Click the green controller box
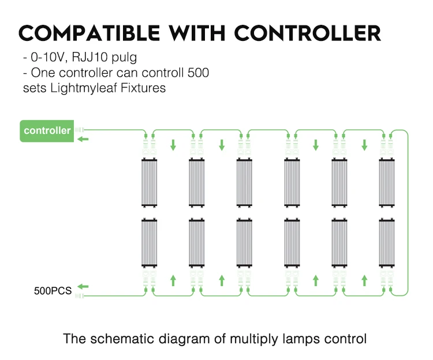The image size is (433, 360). [47, 131]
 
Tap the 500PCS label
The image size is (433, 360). [53, 291]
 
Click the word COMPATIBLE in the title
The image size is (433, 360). [89, 33]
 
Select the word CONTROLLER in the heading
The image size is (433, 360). [308, 33]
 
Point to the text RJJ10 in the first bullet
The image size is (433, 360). [89, 57]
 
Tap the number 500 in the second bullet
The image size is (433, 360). [198, 73]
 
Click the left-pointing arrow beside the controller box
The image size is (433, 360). [83, 139]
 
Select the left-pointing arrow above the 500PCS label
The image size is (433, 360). [83, 287]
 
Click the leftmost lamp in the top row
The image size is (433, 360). [150, 183]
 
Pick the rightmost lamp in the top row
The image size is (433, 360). [387, 183]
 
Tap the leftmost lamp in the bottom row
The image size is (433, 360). [150, 243]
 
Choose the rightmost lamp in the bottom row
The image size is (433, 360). [387, 243]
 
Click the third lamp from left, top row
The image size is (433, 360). [244, 183]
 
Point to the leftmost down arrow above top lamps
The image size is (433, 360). [173, 145]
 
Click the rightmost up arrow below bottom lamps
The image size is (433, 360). [364, 280]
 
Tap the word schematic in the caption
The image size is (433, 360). [122, 339]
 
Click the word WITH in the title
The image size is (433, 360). [197, 33]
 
